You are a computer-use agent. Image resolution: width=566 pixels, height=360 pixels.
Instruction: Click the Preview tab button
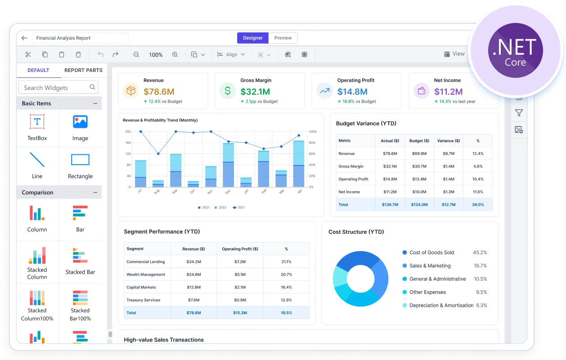(x=283, y=38)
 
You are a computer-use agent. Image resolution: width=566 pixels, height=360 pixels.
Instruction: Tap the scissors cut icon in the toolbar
(x=28, y=54)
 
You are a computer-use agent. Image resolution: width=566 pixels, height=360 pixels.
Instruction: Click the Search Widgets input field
(x=58, y=87)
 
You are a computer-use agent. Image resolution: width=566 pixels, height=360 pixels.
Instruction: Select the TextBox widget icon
(x=37, y=121)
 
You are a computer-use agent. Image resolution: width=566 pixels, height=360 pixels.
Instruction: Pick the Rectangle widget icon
(x=80, y=159)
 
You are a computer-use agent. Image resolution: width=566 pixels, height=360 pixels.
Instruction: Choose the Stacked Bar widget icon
(x=80, y=255)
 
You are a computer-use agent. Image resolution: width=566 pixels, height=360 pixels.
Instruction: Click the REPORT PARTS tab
(x=83, y=70)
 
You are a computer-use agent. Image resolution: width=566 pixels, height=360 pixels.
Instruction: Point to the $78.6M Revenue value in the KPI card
(x=159, y=91)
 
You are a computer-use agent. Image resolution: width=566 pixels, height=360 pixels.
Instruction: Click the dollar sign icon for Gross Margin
(x=228, y=91)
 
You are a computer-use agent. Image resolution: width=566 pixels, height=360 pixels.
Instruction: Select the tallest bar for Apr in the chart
(x=299, y=163)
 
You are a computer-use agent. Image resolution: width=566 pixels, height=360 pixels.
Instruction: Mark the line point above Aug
(x=158, y=154)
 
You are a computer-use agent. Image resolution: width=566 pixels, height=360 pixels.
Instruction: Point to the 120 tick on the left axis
(x=128, y=154)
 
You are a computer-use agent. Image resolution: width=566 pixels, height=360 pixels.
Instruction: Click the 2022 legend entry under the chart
(x=220, y=207)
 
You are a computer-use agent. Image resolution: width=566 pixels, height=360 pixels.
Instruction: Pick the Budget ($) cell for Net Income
(x=419, y=192)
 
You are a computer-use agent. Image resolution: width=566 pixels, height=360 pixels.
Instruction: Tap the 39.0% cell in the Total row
(x=478, y=204)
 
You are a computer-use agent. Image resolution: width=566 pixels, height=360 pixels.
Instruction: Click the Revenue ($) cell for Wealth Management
(x=193, y=274)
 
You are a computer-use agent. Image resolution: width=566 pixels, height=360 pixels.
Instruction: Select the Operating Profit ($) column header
(x=240, y=249)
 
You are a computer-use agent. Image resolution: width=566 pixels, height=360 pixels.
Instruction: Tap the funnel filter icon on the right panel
(x=519, y=113)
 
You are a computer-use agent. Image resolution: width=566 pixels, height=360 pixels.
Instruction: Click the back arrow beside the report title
(x=24, y=38)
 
